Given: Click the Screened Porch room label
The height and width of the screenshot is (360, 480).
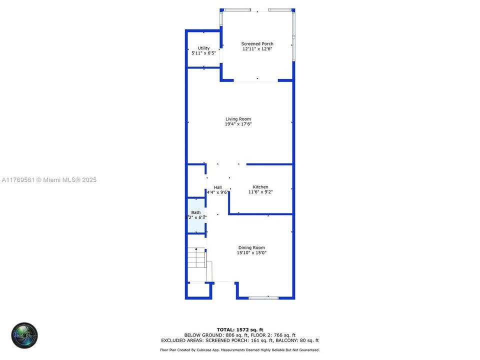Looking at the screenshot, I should (257, 44).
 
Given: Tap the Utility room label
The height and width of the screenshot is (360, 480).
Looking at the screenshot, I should (203, 48).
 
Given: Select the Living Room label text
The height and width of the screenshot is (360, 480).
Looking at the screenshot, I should (238, 119).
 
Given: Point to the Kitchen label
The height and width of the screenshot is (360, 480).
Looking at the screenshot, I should (260, 187).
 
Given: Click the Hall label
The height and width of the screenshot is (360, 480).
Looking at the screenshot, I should (218, 187).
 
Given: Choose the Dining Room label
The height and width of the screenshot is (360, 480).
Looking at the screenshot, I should (251, 247).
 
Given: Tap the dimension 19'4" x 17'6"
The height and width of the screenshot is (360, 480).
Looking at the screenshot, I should (238, 124).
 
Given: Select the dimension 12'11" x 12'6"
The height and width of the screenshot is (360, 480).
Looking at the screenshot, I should (257, 49).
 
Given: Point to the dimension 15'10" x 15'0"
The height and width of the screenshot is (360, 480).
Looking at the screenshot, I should (251, 253).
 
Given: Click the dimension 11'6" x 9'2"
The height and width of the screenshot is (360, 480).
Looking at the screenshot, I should (260, 192).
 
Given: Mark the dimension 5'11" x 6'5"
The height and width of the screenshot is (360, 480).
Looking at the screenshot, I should (203, 53).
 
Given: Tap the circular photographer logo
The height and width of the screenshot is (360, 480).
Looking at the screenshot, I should (24, 335).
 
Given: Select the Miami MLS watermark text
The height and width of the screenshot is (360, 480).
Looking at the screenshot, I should (48, 180).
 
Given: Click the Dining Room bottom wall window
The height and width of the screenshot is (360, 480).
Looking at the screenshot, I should (263, 298).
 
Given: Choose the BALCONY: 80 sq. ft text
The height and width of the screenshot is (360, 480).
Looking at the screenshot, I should (300, 340).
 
